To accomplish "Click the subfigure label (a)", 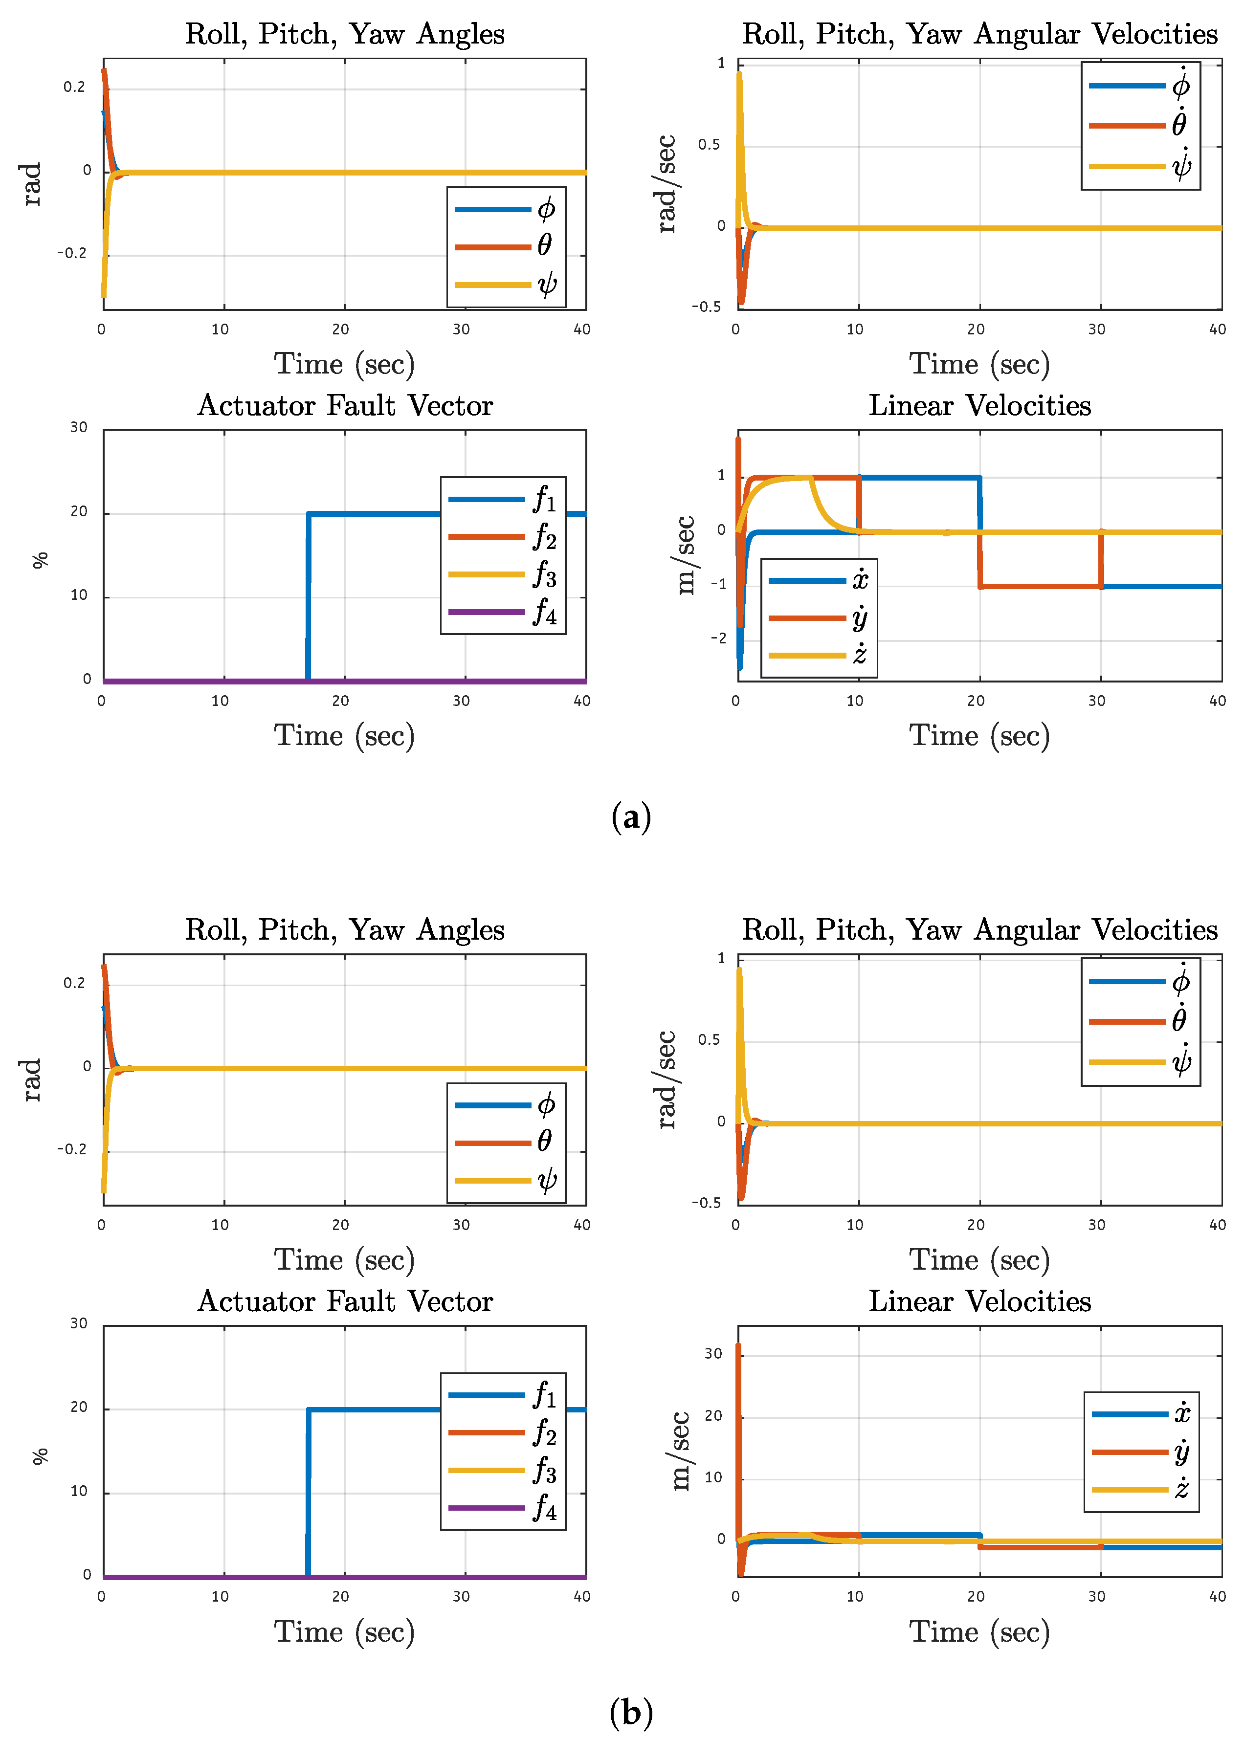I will (x=631, y=817).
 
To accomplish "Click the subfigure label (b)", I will (x=631, y=1712).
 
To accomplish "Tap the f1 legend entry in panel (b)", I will (x=503, y=1395).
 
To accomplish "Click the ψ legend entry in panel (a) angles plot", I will (x=506, y=285).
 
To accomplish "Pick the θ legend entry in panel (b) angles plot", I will (x=506, y=1143).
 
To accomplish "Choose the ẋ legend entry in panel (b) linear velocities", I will (x=1141, y=1413).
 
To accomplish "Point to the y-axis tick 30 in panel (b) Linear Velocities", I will (x=713, y=1354).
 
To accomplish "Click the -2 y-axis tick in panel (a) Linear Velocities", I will (x=718, y=638).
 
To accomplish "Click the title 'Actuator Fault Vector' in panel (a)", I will (x=345, y=406).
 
